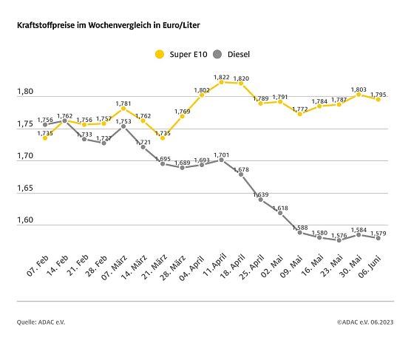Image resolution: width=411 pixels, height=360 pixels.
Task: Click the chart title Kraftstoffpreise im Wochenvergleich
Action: pos(108,25)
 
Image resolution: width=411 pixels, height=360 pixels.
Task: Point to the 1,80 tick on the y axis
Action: pos(24,92)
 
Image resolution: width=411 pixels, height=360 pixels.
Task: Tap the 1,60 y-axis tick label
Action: pos(24,222)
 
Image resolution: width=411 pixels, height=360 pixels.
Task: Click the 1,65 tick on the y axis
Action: pos(24,189)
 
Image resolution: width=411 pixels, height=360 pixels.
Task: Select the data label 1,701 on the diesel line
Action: pos(222,154)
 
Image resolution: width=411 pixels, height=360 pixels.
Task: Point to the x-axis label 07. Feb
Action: pos(37,264)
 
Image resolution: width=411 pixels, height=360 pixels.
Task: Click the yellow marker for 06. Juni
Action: pos(378,98)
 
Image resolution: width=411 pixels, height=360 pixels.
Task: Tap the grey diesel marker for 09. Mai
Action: pos(300,232)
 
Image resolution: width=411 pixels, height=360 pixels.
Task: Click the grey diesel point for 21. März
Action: pos(163,163)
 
